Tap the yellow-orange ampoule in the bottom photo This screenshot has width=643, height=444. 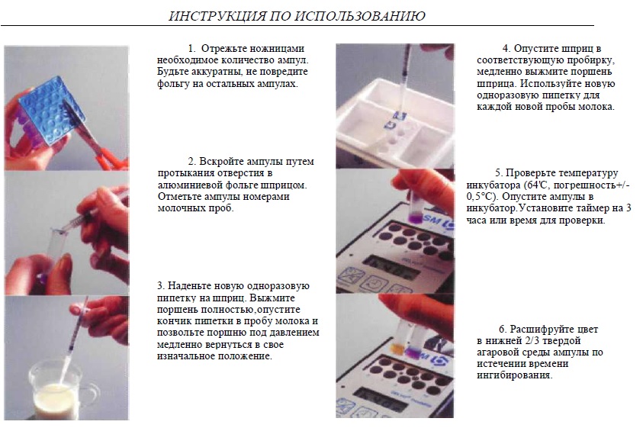coord(397,347)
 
